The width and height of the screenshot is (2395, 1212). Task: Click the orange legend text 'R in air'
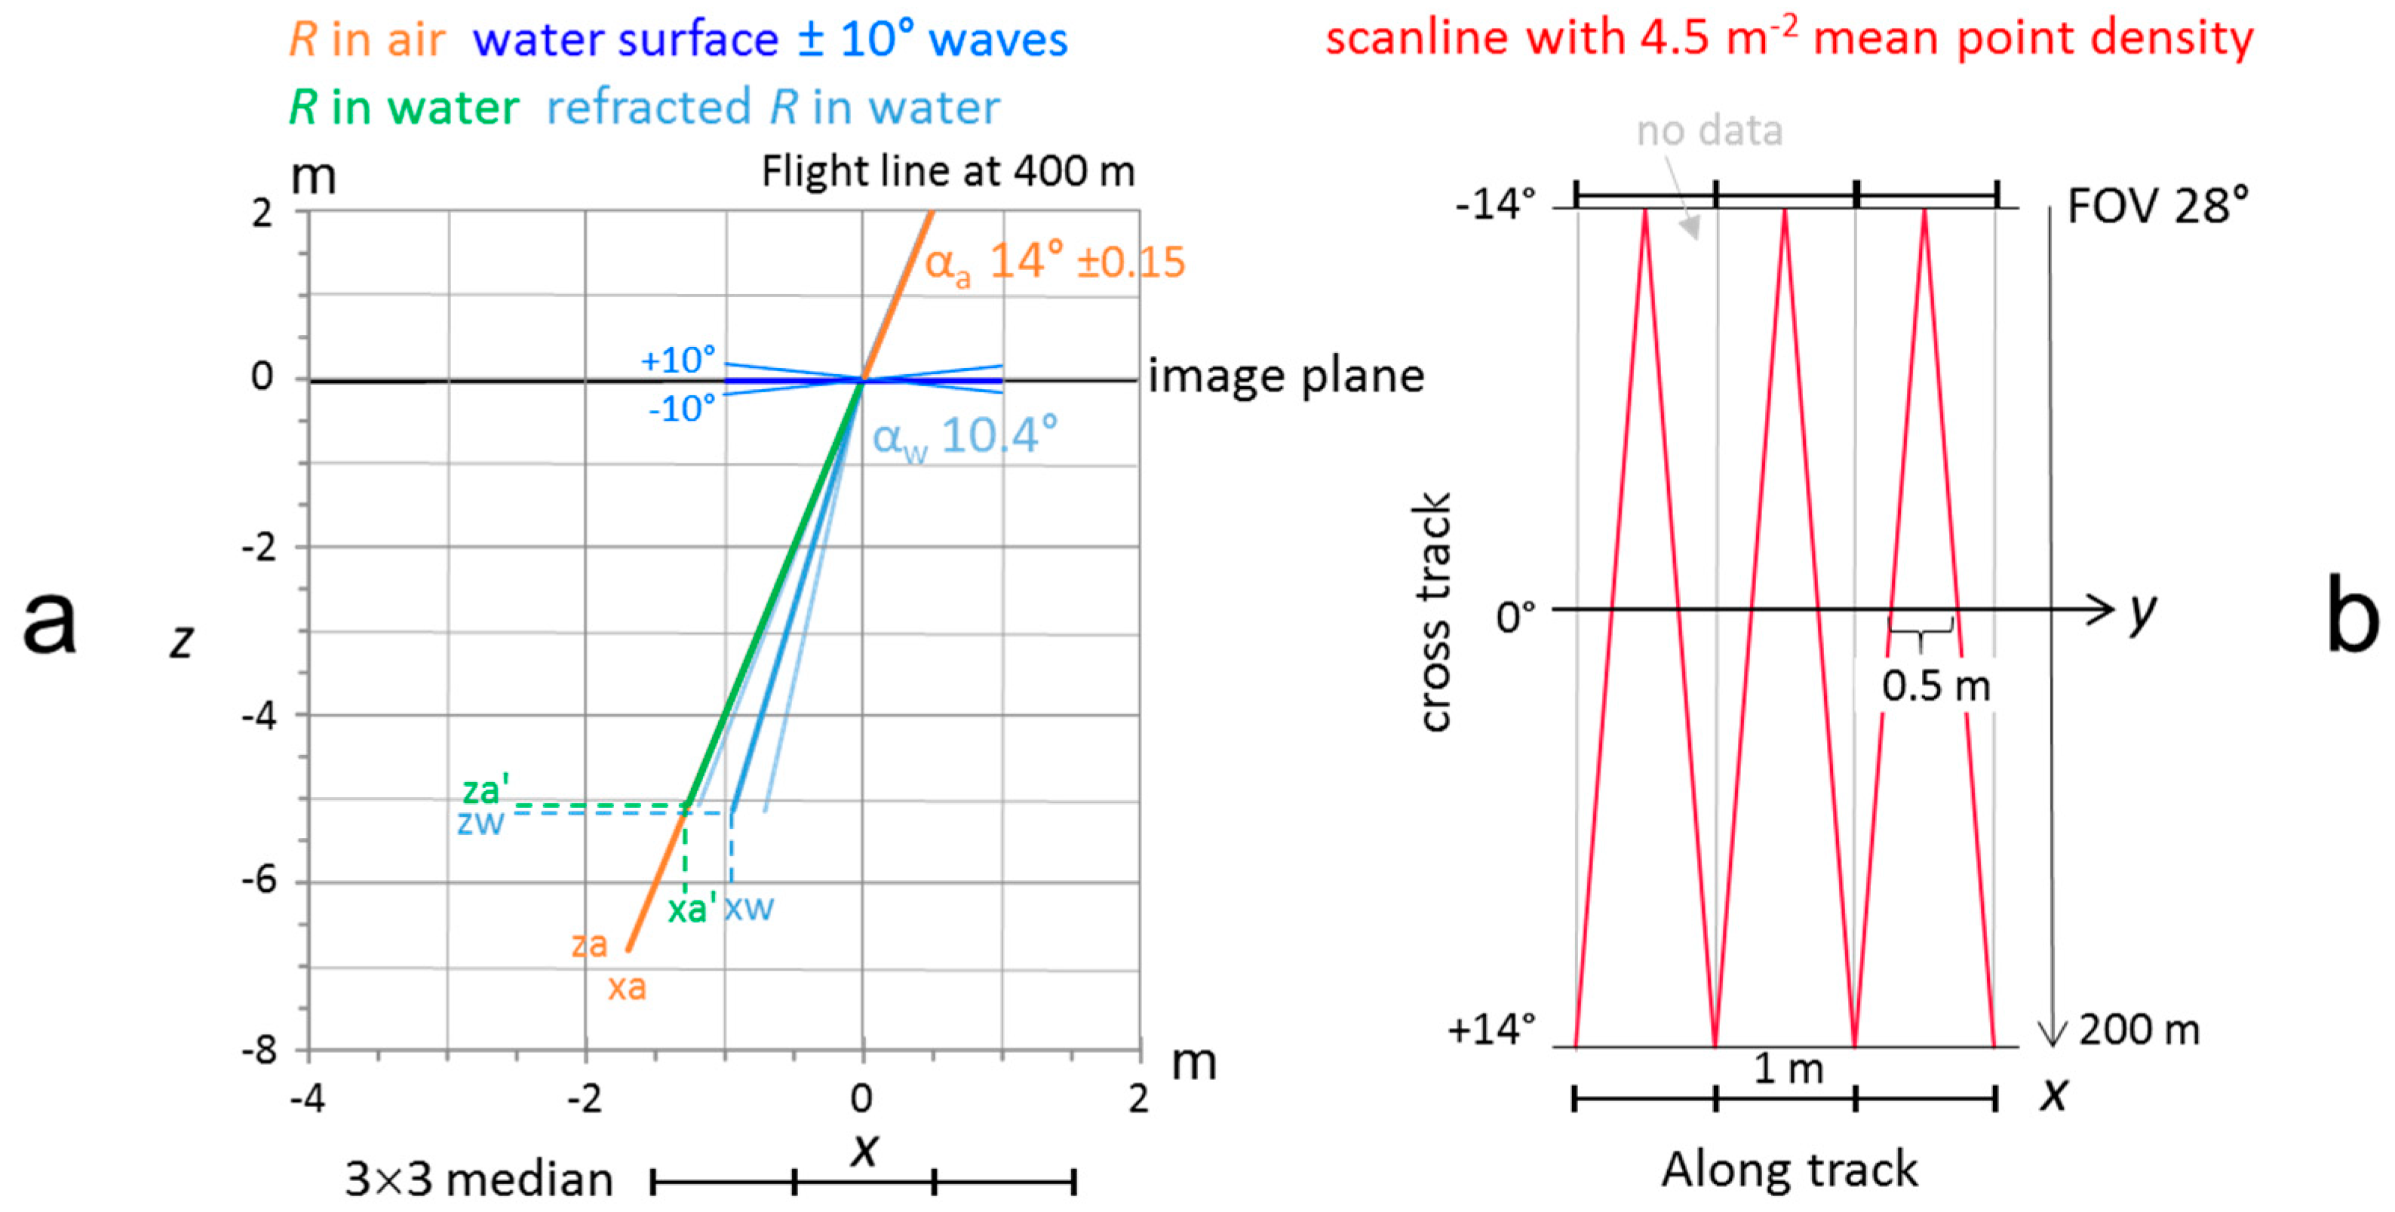[x=367, y=40]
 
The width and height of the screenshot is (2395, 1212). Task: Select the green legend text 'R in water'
[x=404, y=108]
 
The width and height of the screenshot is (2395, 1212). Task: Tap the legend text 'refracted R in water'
[x=772, y=108]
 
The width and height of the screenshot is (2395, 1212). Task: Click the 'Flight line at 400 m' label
[x=948, y=172]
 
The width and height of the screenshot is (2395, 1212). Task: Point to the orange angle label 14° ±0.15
[x=1055, y=262]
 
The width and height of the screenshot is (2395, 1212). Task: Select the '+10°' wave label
[x=679, y=360]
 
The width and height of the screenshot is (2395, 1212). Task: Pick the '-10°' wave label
[x=681, y=408]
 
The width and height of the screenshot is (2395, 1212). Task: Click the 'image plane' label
[x=1286, y=376]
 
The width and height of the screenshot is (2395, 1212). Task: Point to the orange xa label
[x=628, y=986]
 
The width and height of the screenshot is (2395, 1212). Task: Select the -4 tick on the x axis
[x=308, y=1100]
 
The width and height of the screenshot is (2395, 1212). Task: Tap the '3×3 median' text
[x=479, y=1180]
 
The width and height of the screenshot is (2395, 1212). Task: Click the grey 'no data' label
[x=1709, y=131]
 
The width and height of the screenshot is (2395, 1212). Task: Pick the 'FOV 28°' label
[x=2157, y=207]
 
